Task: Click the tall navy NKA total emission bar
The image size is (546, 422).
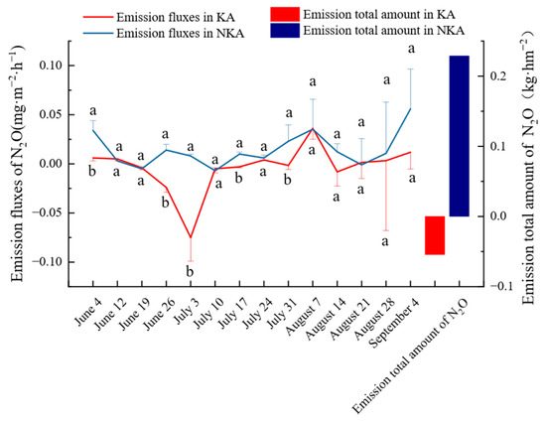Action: pos(460,136)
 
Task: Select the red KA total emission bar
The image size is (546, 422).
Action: pos(435,235)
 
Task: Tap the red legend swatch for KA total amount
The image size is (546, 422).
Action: pos(285,14)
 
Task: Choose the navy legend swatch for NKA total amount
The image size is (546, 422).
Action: pos(285,31)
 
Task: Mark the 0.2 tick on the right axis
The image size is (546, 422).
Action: pos(498,76)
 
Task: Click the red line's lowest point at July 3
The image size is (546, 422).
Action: pos(191,238)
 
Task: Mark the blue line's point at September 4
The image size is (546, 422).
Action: pos(411,108)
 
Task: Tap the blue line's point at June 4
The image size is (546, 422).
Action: pos(93,130)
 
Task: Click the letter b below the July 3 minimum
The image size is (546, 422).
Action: pos(190,271)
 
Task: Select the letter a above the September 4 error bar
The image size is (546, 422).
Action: pos(412,49)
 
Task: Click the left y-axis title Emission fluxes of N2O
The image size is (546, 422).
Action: pos(18,163)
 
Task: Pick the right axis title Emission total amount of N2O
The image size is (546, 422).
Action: pos(528,167)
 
